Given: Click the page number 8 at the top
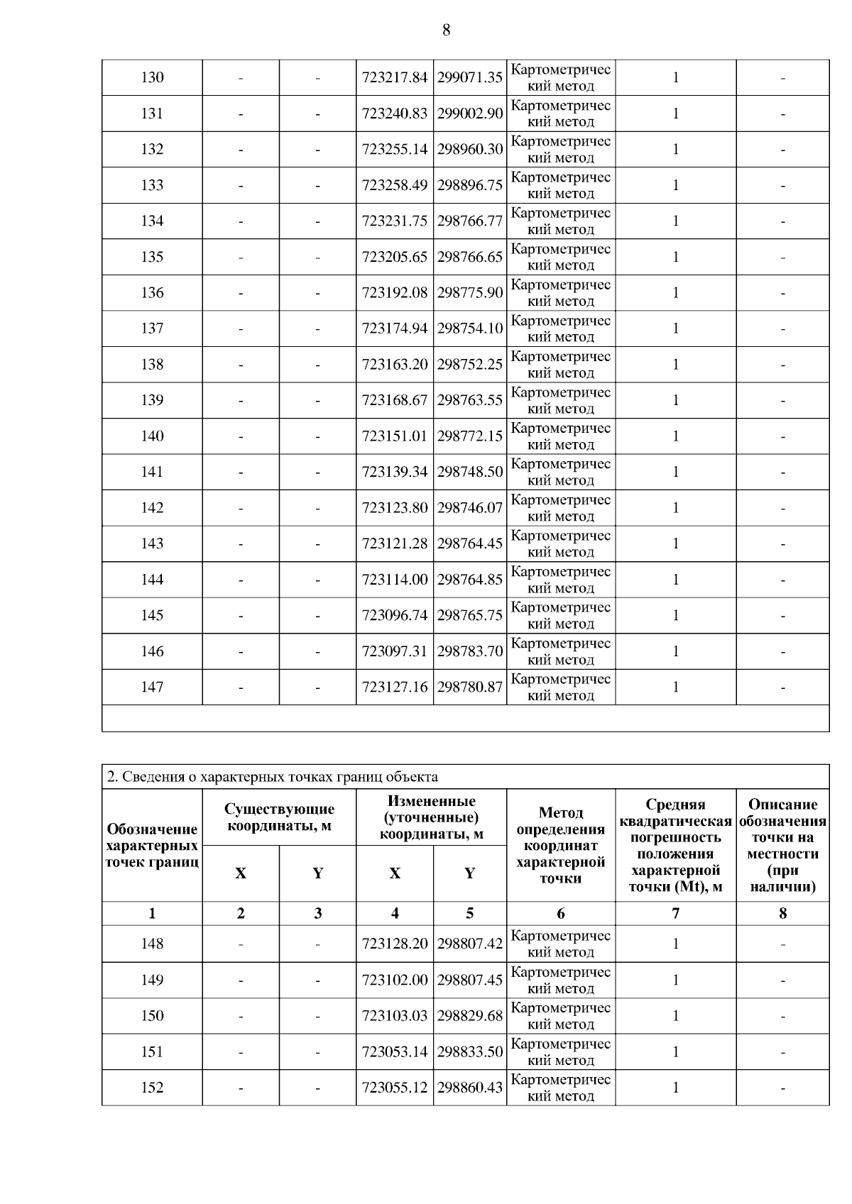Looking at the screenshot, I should [446, 30].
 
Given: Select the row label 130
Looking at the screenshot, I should [152, 77].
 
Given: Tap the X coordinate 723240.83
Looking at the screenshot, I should [395, 114].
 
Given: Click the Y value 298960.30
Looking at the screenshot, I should [470, 149].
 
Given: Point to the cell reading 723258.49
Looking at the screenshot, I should [395, 185].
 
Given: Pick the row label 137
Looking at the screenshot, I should [152, 328].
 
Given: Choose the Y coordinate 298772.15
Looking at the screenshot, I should [470, 436].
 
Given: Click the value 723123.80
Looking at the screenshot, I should [395, 507].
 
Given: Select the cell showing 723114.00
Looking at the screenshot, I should [395, 579].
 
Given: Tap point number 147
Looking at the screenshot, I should [152, 687].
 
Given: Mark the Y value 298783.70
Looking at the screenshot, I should [470, 651].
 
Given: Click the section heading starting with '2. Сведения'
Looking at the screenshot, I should [272, 776].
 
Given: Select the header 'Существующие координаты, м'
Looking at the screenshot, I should [279, 817].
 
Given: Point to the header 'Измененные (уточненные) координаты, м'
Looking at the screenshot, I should [431, 817].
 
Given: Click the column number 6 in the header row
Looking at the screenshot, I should [561, 913].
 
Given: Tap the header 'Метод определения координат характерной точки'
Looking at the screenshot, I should [561, 845].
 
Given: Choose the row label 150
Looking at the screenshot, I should [152, 1015].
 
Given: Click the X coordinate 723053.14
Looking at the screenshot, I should [395, 1051].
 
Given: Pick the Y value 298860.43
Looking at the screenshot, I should [470, 1087].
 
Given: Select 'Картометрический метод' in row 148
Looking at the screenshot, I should [561, 944].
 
